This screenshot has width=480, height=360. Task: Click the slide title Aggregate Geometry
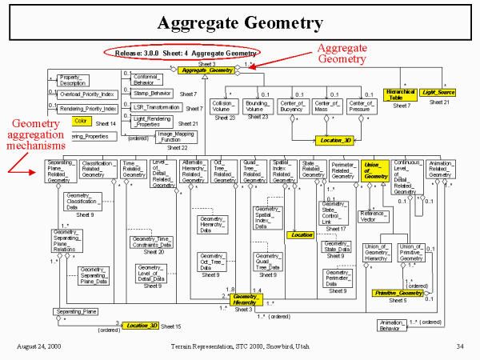tap(239, 22)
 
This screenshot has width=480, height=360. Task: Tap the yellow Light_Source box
tap(438, 93)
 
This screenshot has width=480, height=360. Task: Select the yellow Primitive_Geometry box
tap(398, 294)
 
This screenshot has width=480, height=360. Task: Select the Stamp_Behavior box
tap(158, 94)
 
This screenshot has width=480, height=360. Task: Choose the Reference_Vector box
tap(374, 216)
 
